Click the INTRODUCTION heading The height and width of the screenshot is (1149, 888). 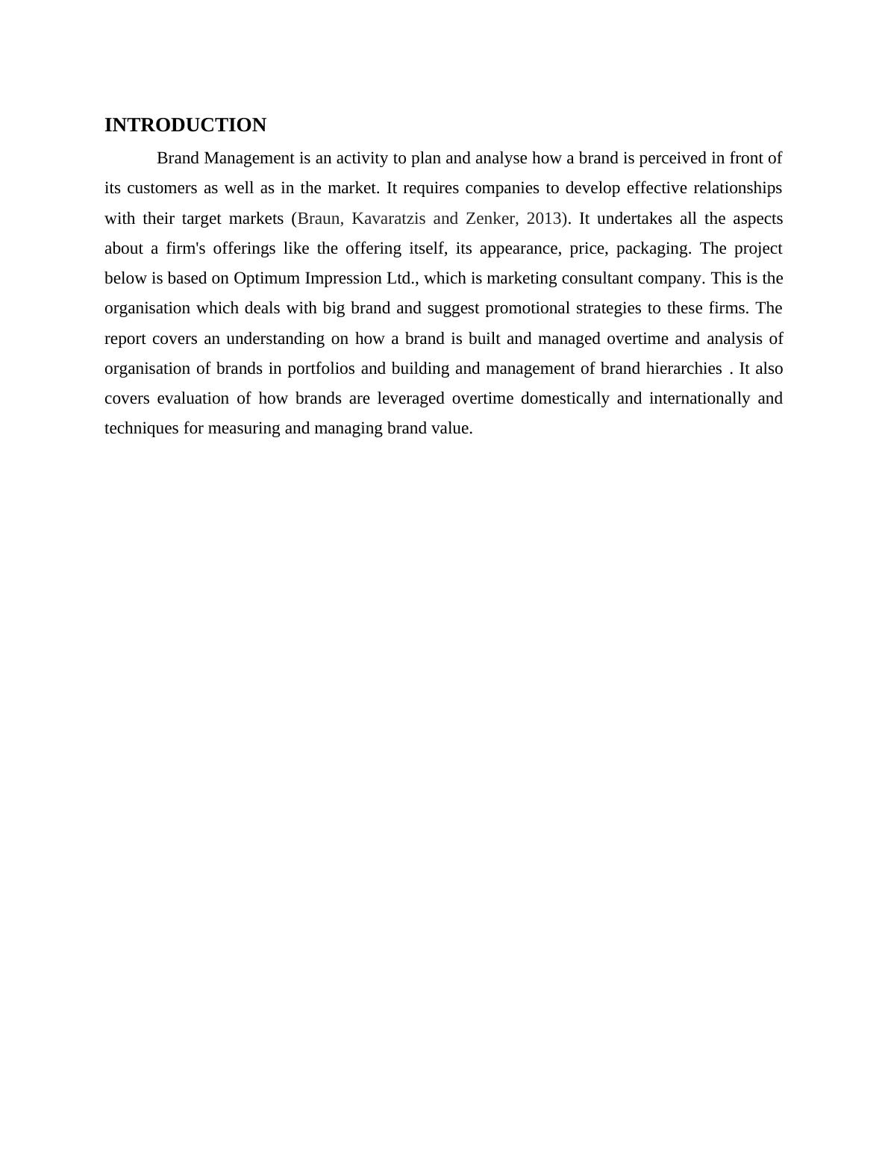pyautogui.click(x=185, y=125)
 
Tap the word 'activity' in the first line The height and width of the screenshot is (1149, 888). pyautogui.click(x=361, y=158)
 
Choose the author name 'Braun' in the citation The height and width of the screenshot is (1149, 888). pyautogui.click(x=319, y=219)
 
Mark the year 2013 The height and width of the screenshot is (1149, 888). pyautogui.click(x=544, y=219)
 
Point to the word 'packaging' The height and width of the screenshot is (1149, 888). pyautogui.click(x=656, y=248)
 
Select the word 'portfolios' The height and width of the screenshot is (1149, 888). pyautogui.click(x=321, y=369)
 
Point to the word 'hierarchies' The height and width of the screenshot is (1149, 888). pyautogui.click(x=679, y=369)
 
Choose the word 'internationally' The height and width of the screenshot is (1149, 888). pyautogui.click(x=699, y=398)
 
